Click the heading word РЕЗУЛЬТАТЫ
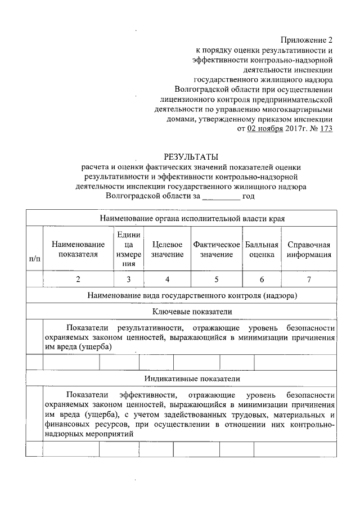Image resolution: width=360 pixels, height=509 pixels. click(x=190, y=156)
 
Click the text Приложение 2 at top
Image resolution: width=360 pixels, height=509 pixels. click(x=307, y=40)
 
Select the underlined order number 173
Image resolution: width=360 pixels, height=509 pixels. click(x=326, y=129)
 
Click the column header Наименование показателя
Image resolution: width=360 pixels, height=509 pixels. click(x=78, y=249)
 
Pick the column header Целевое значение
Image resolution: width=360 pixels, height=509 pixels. click(x=167, y=249)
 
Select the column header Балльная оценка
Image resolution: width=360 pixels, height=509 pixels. click(x=262, y=249)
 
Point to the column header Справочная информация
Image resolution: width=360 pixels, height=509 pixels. click(x=308, y=249)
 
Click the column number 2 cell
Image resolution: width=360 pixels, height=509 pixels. click(x=78, y=279)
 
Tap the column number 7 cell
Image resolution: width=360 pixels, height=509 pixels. click(x=308, y=279)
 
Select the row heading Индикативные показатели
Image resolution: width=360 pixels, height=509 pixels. click(x=191, y=379)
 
